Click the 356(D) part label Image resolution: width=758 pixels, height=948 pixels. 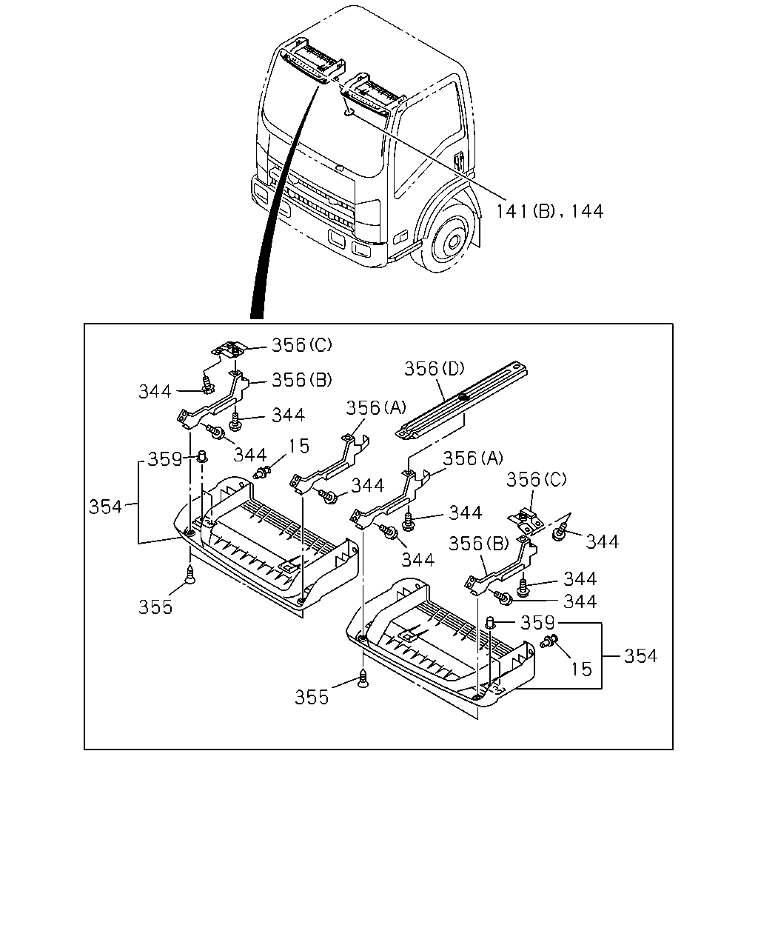coord(435,368)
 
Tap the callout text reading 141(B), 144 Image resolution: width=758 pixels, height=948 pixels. coord(550,212)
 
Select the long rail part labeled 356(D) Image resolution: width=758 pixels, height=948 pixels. coord(461,401)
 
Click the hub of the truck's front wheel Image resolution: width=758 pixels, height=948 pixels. coord(453,241)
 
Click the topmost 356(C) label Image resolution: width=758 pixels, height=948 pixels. coord(302,345)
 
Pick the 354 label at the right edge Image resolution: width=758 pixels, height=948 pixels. coord(640,656)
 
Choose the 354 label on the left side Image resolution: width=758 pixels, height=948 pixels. coord(105,507)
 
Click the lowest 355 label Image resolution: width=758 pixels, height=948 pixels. coord(312,697)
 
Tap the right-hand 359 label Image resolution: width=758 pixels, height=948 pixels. coord(537,622)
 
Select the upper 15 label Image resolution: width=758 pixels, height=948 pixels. coord(298,446)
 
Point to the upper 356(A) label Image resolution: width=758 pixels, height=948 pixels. coord(376,407)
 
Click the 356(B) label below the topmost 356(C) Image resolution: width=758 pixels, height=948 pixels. coord(302,379)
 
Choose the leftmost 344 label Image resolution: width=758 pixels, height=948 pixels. coord(155,391)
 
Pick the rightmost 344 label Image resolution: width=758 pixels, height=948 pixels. coord(602,541)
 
